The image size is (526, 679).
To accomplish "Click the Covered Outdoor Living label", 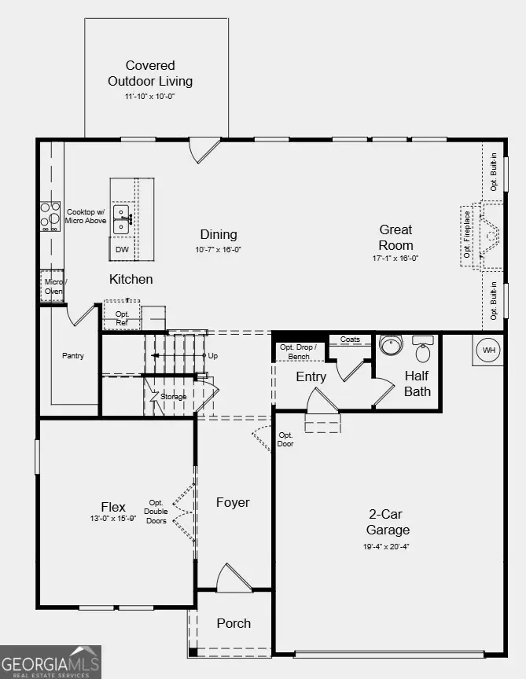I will click(150, 73).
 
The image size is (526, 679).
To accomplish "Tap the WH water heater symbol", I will click(488, 350).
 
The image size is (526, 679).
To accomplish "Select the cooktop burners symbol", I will click(51, 217).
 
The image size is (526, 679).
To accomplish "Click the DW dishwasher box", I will click(122, 250).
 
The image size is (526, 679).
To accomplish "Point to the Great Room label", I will click(395, 237).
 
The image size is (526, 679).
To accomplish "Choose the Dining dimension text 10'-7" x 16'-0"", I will click(219, 250).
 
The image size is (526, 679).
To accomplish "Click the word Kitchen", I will click(131, 279).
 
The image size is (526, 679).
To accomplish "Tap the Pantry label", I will click(73, 356).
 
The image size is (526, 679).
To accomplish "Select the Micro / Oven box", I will click(53, 287).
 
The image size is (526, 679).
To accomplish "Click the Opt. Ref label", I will click(122, 317).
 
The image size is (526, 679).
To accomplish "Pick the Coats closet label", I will click(351, 339).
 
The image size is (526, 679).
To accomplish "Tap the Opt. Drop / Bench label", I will click(298, 352).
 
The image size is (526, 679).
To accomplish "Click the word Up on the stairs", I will click(212, 356).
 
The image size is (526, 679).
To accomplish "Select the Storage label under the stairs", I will click(174, 397).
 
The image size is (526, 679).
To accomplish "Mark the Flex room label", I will click(113, 506).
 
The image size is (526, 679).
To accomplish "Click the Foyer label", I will click(233, 502).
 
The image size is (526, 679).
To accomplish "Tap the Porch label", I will click(234, 623).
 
